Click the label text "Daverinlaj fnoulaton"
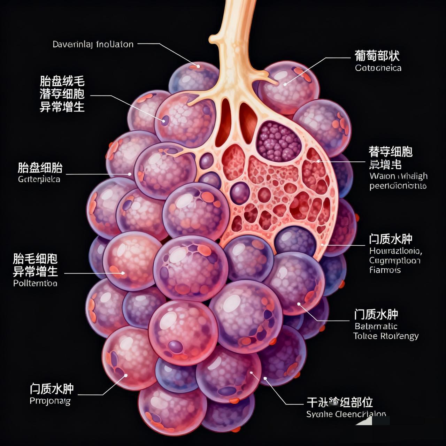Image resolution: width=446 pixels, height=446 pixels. tap(93, 44)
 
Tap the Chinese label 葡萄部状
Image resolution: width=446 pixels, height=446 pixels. tap(377, 56)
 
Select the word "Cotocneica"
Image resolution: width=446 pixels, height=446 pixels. tap(378, 68)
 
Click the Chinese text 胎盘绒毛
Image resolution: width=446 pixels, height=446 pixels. tap(62, 81)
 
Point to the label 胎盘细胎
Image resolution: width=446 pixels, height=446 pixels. tap(40, 168)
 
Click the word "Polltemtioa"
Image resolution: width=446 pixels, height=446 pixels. tap(35, 283)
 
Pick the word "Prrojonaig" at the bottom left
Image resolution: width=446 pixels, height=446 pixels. tap(50, 401)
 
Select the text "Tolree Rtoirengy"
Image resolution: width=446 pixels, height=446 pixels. tap(386, 336)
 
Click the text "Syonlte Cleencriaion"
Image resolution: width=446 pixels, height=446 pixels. tap(346, 414)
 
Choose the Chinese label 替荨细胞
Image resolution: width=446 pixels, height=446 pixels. tap(390, 152)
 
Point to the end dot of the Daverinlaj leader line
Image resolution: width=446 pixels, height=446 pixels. tap(198, 66)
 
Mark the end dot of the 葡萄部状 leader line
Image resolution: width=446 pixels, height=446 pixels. tap(285, 84)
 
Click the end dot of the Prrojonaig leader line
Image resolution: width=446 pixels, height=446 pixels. tap(126, 375)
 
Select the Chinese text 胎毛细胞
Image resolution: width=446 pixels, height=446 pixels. tap(35, 259)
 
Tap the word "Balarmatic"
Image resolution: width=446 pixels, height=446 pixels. tap(376, 326)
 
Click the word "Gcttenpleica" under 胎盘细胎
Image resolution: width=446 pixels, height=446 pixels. tap(39, 179)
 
